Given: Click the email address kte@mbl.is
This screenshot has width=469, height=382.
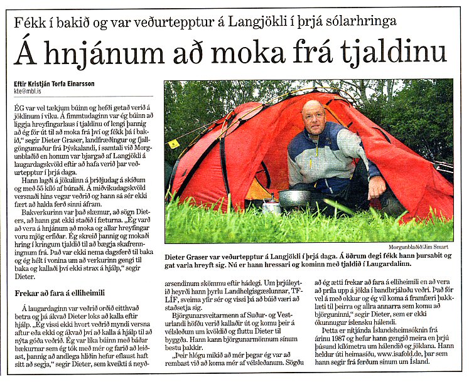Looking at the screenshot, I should click(x=32, y=90).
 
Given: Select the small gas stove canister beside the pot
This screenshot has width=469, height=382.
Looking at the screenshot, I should click(x=271, y=207).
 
